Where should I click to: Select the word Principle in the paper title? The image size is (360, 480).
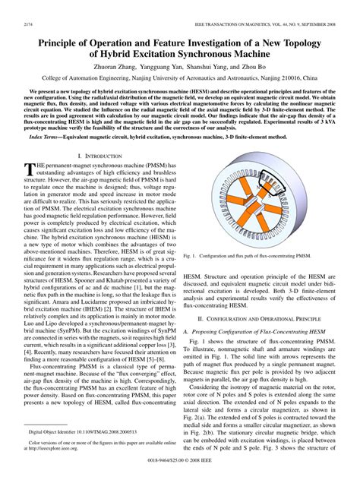pos(60,45)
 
